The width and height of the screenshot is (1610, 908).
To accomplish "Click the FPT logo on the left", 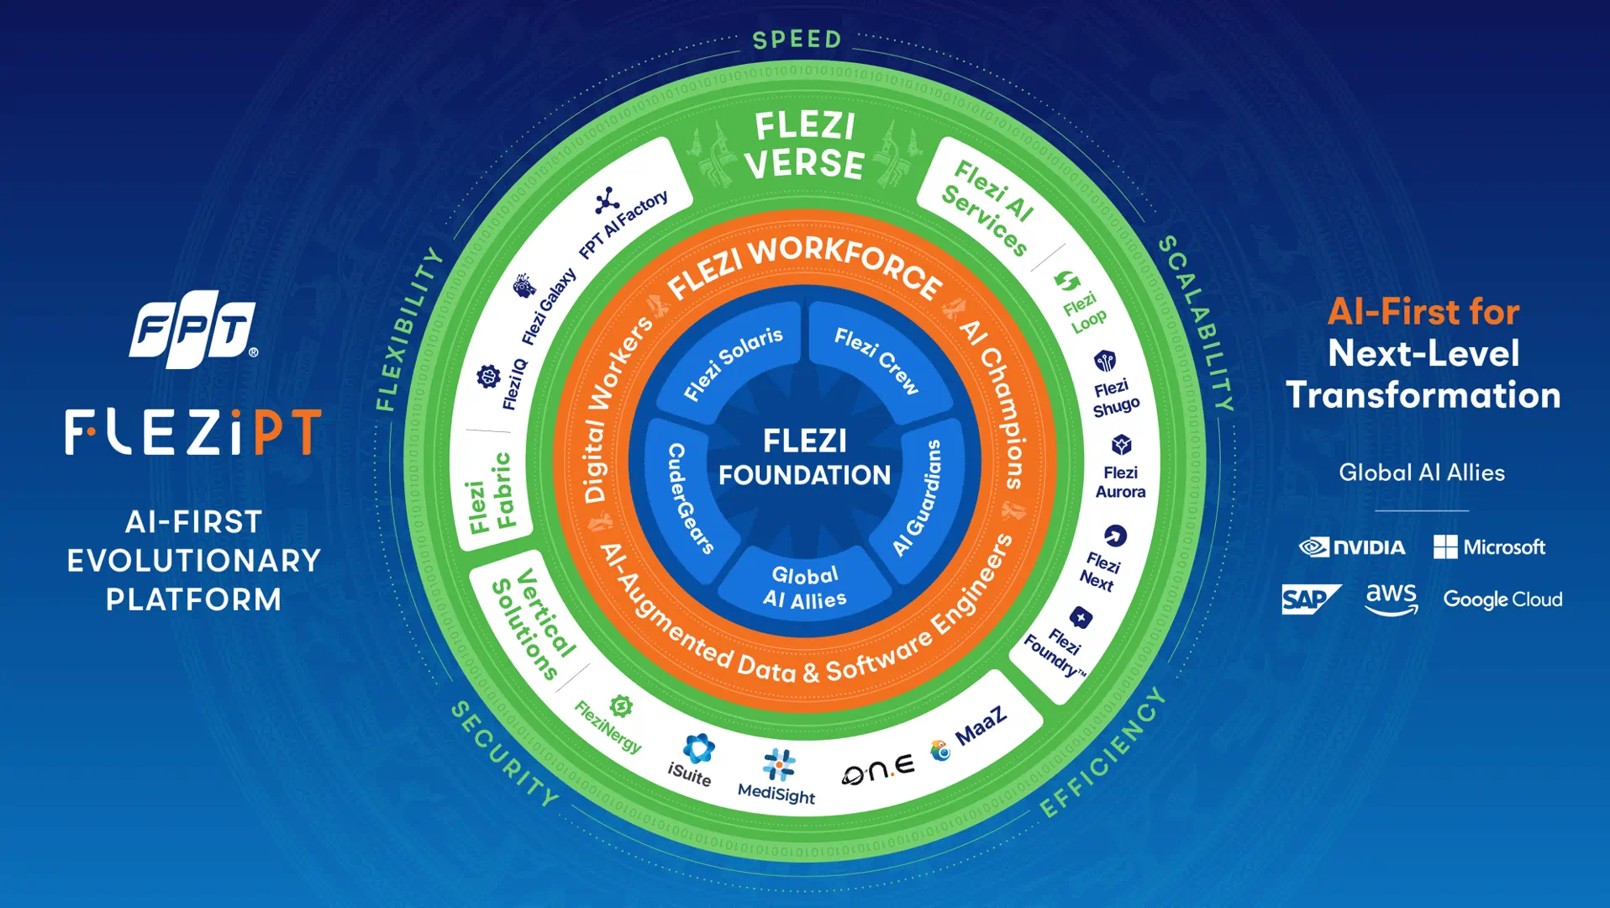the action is point(193,329).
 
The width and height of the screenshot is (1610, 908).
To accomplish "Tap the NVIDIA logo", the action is point(1352,547).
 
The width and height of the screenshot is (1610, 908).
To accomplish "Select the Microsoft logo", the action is point(1489,547).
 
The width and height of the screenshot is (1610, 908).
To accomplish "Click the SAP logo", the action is point(1310,599).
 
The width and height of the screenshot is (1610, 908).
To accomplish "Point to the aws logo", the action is point(1392,599).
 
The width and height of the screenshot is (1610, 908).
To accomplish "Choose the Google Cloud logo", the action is point(1502,599).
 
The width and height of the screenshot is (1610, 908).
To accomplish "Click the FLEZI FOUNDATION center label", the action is point(804,457).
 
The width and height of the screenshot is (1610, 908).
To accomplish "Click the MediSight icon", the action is point(779,764).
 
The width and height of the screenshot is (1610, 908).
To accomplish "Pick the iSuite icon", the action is point(698,747).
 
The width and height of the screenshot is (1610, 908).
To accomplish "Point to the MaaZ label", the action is point(981,726).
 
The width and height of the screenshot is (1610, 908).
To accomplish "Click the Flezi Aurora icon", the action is point(1121,444).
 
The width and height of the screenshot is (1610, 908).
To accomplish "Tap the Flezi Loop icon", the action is point(1067,281).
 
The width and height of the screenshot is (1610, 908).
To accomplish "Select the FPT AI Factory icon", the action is point(607,201).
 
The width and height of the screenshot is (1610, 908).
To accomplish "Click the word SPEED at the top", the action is point(797,40).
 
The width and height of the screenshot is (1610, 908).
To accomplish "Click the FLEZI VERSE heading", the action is point(804,145).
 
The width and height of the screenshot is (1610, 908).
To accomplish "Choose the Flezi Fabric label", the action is point(492,493).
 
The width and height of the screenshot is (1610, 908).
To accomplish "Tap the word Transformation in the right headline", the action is point(1423,395).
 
